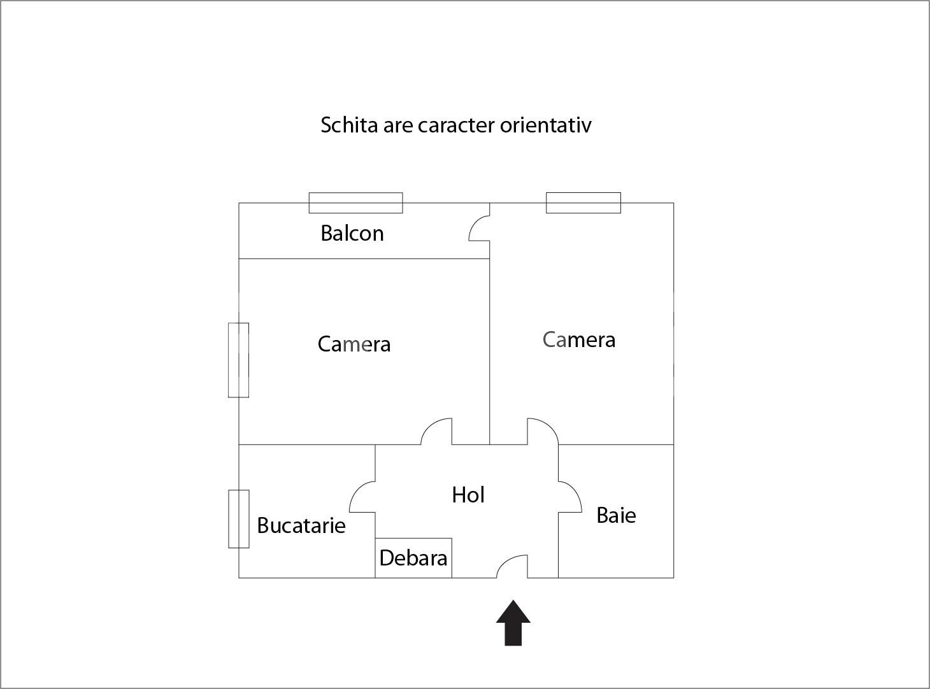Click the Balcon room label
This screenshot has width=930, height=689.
point(352,233)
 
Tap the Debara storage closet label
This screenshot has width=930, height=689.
point(413,558)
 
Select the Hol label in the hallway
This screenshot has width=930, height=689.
point(468,495)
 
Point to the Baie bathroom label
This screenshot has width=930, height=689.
point(616,515)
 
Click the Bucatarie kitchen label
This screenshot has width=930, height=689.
point(301,525)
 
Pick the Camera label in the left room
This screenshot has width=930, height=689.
point(354,344)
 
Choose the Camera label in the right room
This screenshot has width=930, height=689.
point(578,339)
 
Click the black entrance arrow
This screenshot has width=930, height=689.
point(513,623)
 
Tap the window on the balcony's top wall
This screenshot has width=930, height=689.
point(355,203)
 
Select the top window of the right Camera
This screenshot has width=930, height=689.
point(583,203)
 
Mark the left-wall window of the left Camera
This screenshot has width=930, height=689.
point(239,360)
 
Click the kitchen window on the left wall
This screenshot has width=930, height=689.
point(239,519)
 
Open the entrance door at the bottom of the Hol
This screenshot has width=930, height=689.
point(507,560)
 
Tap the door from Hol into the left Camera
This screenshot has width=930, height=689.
point(430,424)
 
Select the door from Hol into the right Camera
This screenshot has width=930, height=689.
point(548,424)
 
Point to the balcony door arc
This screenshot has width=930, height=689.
point(474,223)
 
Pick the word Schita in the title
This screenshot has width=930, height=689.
point(349,125)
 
